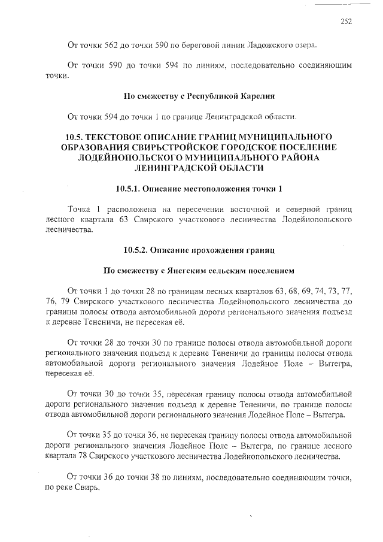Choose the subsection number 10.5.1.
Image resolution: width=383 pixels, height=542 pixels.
tap(133, 189)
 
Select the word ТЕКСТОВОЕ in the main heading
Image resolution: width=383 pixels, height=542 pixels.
tap(124, 137)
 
